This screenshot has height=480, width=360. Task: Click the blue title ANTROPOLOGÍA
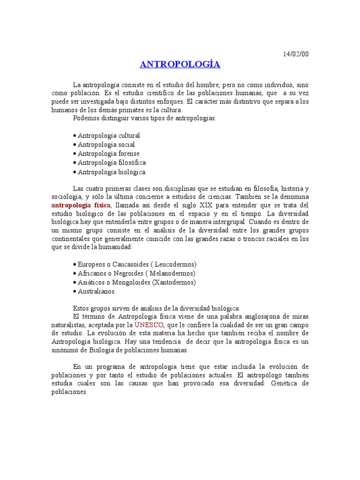click(180, 64)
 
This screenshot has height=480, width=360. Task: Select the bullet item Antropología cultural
click(108, 135)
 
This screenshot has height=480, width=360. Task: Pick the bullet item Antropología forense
click(108, 153)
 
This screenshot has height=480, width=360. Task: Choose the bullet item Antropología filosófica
click(112, 162)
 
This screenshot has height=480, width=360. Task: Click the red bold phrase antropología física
click(81, 206)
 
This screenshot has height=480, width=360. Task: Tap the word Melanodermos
click(172, 273)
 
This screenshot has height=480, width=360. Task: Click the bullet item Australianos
click(97, 291)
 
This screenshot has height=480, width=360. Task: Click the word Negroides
click(129, 273)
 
